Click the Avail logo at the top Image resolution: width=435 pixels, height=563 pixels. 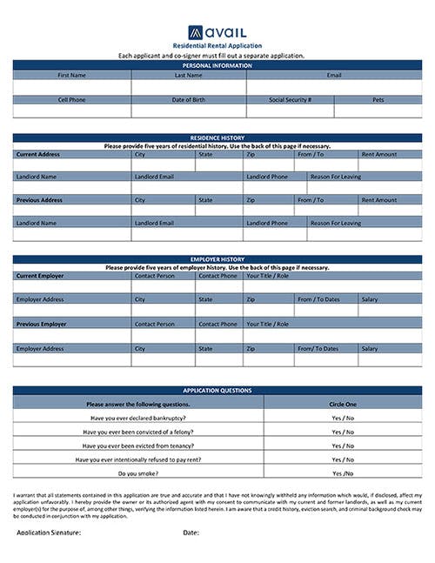217,31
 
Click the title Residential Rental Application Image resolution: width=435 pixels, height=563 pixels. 217,45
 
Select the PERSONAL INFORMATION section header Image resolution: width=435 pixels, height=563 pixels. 217,65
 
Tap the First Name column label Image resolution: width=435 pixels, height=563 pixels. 71,76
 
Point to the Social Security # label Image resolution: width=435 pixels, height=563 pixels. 290,100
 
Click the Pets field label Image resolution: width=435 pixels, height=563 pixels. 378,100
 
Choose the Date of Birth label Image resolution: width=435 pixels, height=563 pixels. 188,100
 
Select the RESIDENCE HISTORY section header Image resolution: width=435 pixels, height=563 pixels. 217,137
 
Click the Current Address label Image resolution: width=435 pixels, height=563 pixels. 39,154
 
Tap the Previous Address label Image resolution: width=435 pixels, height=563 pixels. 40,199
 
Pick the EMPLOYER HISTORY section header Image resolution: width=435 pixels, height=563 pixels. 217,259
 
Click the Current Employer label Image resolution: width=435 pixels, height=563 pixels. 41,276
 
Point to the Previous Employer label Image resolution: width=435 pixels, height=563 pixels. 42,324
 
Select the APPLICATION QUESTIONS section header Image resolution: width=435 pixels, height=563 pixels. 217,391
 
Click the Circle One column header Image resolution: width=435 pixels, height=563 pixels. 343,404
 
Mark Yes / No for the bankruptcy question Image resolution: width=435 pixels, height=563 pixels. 343,418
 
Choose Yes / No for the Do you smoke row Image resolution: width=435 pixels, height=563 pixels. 343,473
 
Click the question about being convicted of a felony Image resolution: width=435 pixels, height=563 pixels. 138,432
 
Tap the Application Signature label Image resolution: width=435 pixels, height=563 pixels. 49,532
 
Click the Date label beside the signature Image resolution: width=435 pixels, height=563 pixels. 191,532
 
